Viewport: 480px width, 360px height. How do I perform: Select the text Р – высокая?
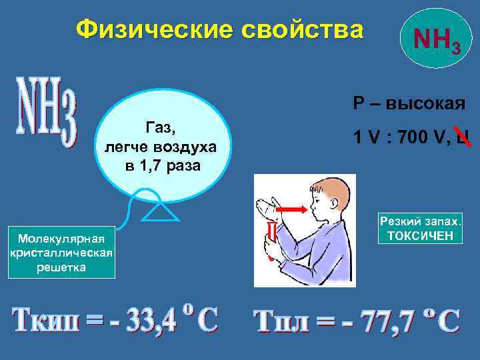tap(408, 103)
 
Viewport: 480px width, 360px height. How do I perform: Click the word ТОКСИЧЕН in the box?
tap(420, 235)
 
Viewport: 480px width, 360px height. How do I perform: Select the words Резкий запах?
tap(420, 222)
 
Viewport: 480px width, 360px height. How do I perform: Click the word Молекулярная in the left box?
tap(61, 238)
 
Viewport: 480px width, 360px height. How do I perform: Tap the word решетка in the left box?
tap(61, 267)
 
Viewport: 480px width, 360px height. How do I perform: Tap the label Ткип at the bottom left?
tap(47, 321)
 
